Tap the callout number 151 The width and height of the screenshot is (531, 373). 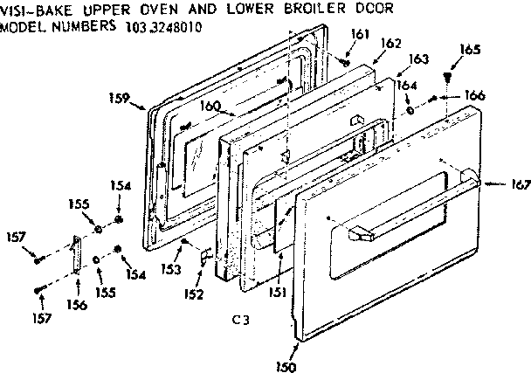tap(277, 293)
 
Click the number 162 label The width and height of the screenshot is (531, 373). tap(391, 44)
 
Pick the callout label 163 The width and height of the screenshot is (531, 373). tap(418, 59)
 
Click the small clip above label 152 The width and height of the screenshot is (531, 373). tap(206, 257)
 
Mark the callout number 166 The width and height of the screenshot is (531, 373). tap(474, 94)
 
